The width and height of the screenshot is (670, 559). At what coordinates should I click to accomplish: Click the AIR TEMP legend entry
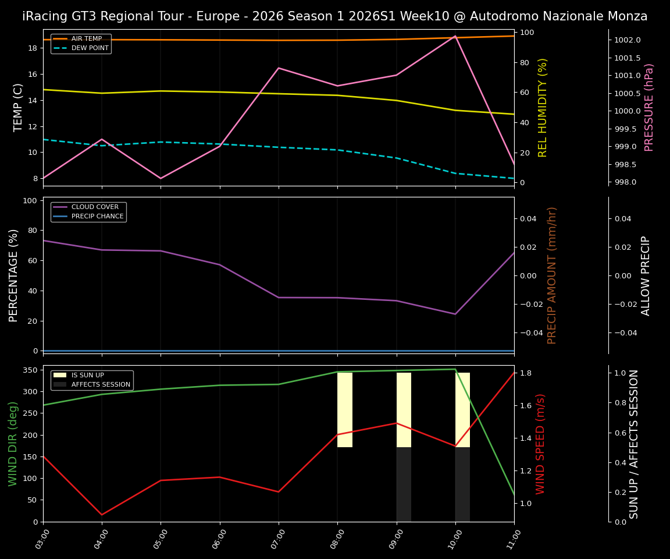coord(86,39)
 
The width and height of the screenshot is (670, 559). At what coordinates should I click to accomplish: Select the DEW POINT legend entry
coord(90,48)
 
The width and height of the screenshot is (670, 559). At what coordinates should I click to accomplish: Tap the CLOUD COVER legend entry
coord(95,207)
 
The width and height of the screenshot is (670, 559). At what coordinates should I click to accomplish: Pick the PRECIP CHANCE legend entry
coord(97,217)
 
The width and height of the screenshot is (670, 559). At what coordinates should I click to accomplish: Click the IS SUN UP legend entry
coord(87,376)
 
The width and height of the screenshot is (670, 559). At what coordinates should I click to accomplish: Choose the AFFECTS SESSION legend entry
coord(101,385)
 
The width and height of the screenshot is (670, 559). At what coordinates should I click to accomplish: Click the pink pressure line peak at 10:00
coord(455,36)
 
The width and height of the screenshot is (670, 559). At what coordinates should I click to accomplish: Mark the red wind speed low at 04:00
coord(102,515)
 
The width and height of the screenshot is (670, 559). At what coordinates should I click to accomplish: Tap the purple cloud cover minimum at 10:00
coord(455,314)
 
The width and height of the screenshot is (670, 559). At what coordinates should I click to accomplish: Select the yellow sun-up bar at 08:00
coord(345,410)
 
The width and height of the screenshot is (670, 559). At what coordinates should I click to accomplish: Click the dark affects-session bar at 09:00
coord(404,484)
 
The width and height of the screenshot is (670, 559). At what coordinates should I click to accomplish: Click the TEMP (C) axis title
coord(19,107)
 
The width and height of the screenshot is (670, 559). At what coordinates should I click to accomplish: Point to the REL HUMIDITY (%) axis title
coord(543,107)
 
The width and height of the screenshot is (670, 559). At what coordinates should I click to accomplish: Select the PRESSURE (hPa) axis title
coord(649,107)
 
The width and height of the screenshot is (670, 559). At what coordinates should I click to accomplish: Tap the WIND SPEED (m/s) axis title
coord(541,444)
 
